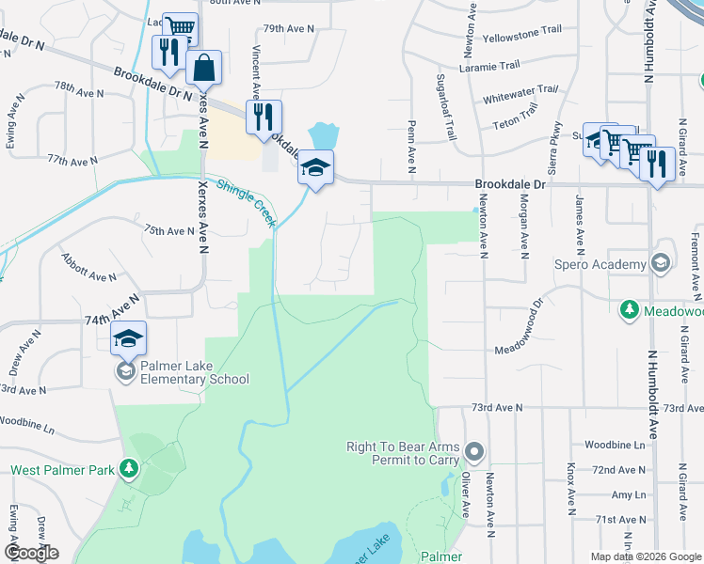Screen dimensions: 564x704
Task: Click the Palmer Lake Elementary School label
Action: pyautogui.click(x=195, y=372)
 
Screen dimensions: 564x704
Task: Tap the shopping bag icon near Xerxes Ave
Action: pyautogui.click(x=203, y=69)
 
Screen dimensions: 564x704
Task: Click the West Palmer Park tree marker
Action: pyautogui.click(x=130, y=468)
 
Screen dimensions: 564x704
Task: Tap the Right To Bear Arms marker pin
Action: pyautogui.click(x=474, y=453)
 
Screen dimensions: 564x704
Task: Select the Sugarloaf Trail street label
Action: pyautogui.click(x=448, y=106)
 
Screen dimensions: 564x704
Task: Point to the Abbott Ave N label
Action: pyautogui.click(x=88, y=267)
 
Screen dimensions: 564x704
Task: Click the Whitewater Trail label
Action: pyautogui.click(x=520, y=94)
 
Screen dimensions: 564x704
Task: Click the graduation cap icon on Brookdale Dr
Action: pyautogui.click(x=316, y=168)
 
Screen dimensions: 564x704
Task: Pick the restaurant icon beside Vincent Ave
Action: pyautogui.click(x=264, y=117)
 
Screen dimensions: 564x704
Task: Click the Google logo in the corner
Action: pyautogui.click(x=31, y=553)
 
